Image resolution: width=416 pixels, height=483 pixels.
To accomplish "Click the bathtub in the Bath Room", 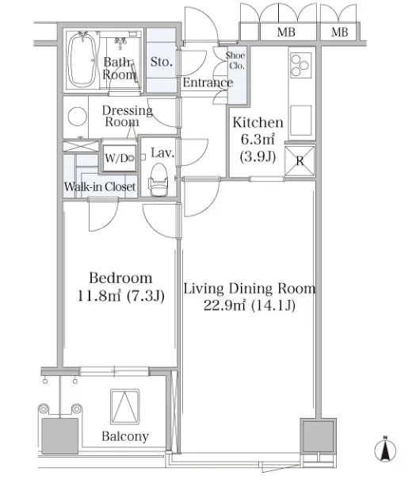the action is click(82, 59).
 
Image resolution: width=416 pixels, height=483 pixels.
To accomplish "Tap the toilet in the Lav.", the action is click(158, 179).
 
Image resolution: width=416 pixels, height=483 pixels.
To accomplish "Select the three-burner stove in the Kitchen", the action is click(300, 65).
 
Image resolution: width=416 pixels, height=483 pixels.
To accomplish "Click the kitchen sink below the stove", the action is click(300, 120).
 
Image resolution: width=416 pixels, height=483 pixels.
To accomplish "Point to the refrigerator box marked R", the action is click(300, 161).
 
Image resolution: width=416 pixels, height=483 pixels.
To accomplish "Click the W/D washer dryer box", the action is click(120, 158).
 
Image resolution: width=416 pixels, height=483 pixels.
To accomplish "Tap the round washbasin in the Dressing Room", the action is click(77, 116).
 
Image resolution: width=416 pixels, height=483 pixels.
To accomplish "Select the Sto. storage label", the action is click(161, 62).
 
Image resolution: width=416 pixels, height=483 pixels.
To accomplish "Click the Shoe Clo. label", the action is click(235, 60).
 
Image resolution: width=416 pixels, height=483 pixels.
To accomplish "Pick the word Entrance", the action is click(208, 82).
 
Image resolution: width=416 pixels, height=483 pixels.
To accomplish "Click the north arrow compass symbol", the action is click(385, 450).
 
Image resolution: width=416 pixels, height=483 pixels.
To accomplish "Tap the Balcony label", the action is click(125, 436).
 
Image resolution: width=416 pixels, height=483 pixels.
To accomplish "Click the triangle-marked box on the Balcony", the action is click(124, 407).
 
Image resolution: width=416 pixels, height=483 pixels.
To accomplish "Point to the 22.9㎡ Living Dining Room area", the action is click(224, 305).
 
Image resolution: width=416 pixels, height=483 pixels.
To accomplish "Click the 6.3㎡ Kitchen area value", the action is click(258, 140).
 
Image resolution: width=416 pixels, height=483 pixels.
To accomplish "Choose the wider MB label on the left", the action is click(286, 32).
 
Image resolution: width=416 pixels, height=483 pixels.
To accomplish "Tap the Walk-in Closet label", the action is click(100, 186).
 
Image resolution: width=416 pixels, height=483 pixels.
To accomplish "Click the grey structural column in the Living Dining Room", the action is click(319, 435).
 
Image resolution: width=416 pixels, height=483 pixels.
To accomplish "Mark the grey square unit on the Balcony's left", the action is click(59, 435).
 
